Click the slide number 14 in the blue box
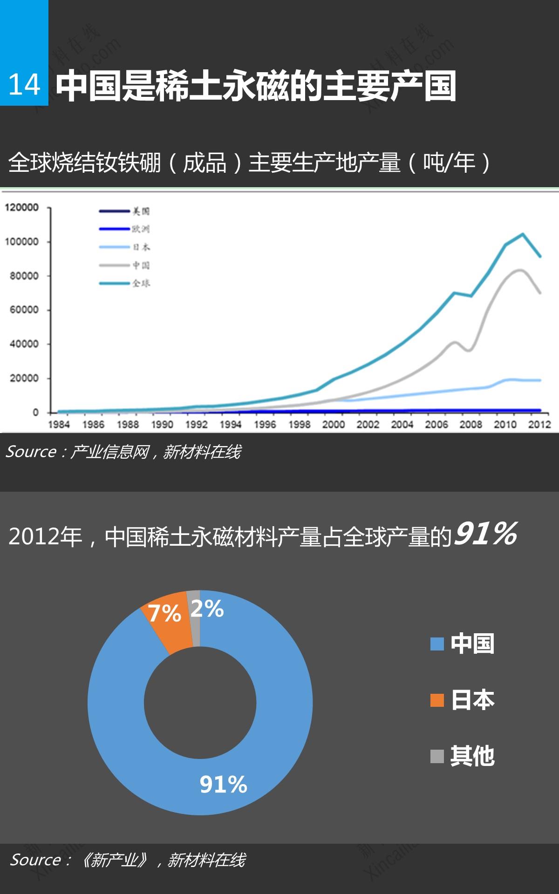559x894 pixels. pos(24,85)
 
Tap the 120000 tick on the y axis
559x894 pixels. pos(22,208)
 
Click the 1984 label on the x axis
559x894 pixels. pos(59,424)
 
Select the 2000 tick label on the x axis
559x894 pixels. pos(334,424)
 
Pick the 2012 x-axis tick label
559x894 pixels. pos(539,424)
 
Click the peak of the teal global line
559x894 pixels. pos(522,234)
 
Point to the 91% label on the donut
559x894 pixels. pos(223,784)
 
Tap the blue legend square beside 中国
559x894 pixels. pos(437,644)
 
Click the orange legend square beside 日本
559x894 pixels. pos(437,700)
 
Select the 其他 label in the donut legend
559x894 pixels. pos(472,756)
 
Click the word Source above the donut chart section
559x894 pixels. pos(31,452)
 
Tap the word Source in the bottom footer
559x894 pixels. pos(35,860)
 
